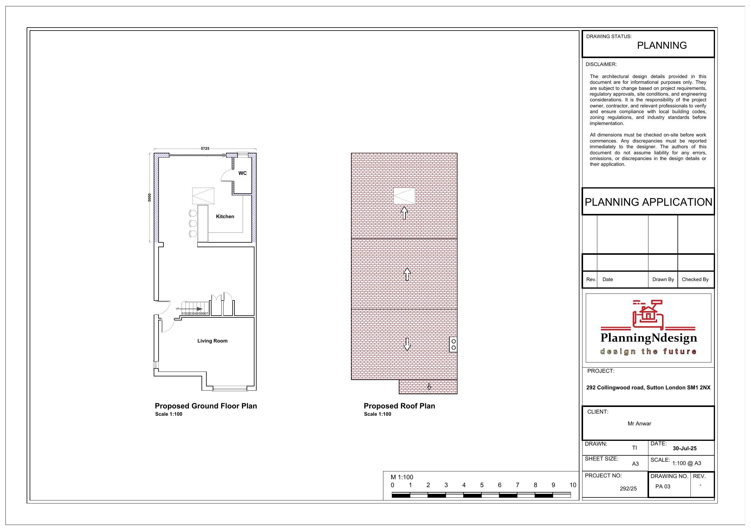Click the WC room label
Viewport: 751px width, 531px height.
coord(242,173)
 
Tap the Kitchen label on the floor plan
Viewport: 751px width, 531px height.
coord(225,216)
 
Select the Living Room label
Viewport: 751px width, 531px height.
coord(212,341)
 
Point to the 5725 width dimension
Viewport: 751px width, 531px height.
coord(205,149)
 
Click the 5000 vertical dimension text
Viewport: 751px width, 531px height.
coord(150,197)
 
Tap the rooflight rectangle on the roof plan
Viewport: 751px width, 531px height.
coord(404,196)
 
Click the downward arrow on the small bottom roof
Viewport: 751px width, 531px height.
coord(429,387)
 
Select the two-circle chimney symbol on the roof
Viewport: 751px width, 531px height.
coord(453,345)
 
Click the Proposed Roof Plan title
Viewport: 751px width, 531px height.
coord(399,406)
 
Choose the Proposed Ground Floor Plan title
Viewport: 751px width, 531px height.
coord(206,406)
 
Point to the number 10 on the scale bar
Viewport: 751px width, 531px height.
coord(573,485)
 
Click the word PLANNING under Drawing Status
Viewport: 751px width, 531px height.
coord(662,45)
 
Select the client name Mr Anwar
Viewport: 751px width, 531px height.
coord(639,424)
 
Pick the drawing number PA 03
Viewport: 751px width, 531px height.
coord(663,487)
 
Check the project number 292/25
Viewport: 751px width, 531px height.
coord(628,488)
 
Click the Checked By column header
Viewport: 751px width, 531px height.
coord(695,279)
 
